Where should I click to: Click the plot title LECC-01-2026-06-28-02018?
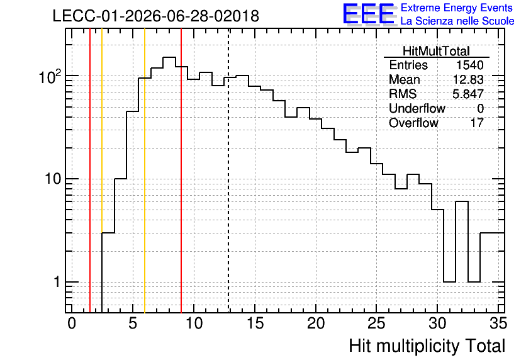pos(156,16)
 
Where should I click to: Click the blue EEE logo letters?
pos(369,14)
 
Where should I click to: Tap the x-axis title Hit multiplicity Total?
pos(427,346)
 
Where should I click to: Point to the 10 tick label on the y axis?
pos(53,179)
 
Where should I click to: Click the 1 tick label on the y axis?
pos(57,282)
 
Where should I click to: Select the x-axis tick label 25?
pos(376,323)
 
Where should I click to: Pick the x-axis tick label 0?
pos(72,323)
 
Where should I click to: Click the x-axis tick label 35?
pos(498,323)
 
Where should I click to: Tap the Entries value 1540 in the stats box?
pos(469,65)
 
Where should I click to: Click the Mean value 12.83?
pos(468,79)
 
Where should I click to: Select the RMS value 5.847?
pos(468,94)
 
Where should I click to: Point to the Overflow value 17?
pos(477,123)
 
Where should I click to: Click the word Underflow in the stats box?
pos(417,108)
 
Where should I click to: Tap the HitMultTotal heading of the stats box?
pos(436,52)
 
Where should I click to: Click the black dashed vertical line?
pos(229,171)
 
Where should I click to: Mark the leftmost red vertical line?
pos(90,171)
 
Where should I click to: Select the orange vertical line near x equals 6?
pos(145,171)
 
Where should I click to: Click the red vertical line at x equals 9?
pos(181,171)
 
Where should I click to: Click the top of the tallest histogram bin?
pos(169,57)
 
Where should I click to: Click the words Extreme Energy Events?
pos(457,8)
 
